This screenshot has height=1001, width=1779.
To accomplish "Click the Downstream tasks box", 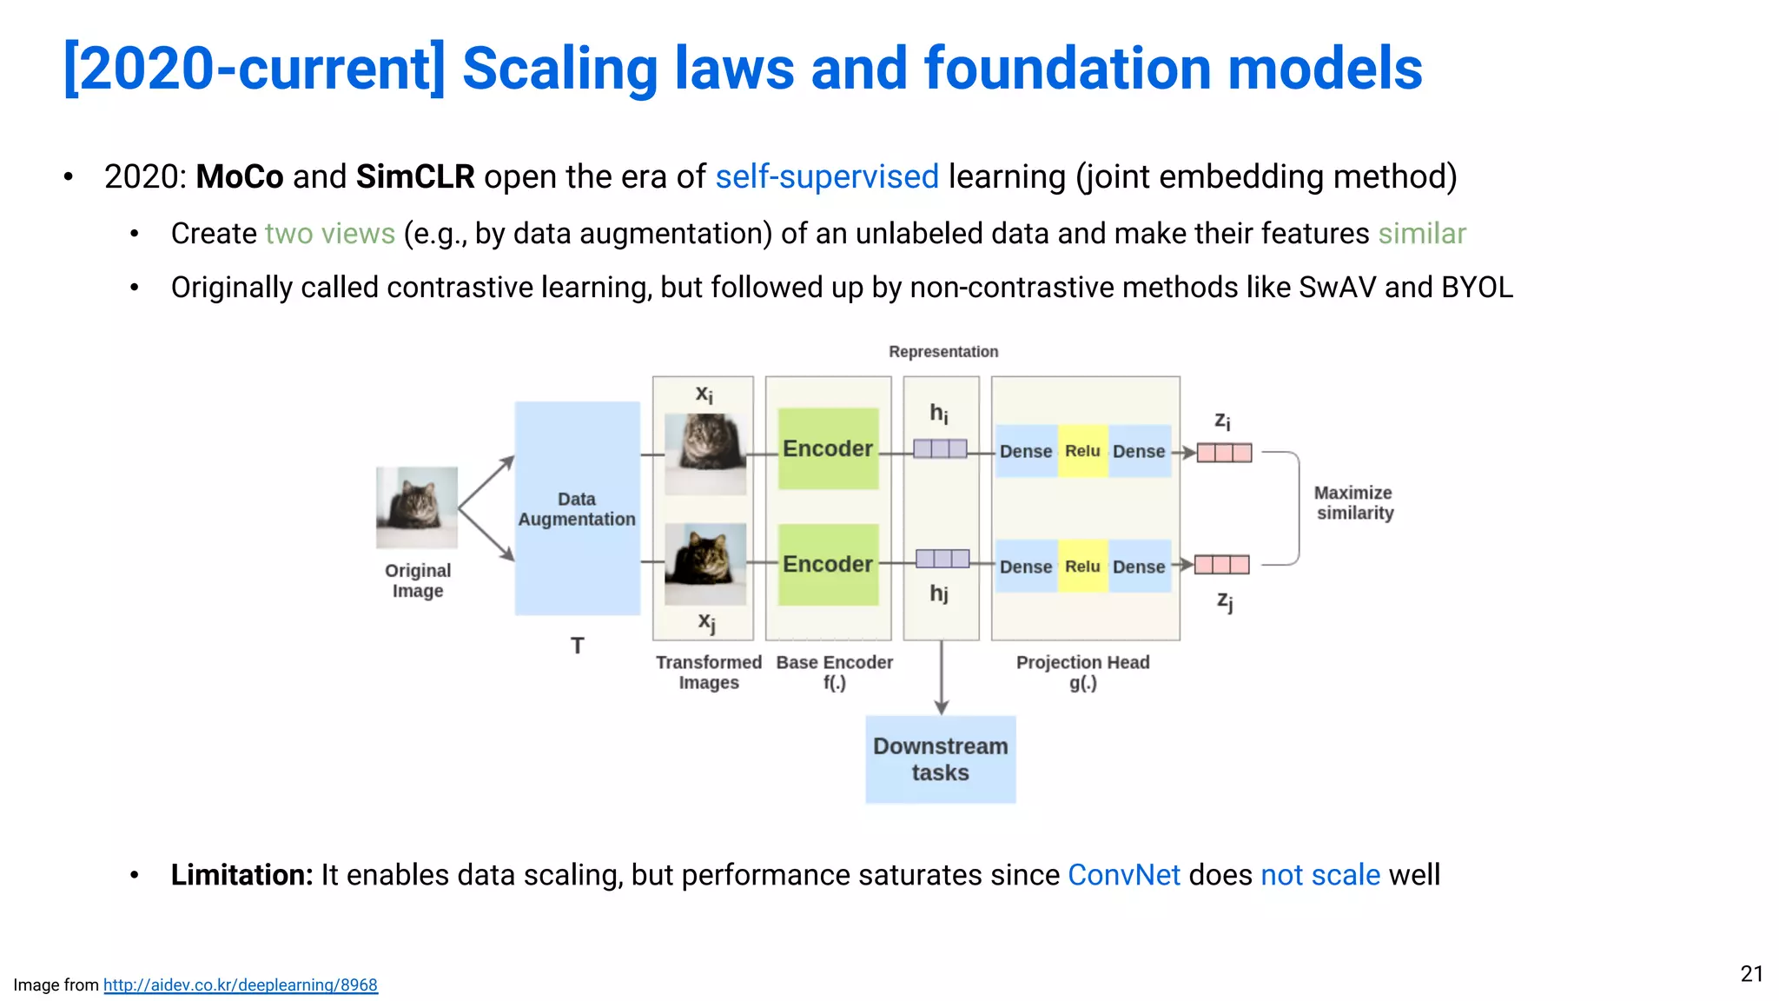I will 940,759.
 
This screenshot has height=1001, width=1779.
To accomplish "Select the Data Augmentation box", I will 577,508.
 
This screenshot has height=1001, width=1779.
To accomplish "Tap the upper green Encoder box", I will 828,448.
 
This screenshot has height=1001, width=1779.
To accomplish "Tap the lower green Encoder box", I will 828,564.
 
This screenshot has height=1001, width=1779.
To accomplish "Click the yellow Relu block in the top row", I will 1082,451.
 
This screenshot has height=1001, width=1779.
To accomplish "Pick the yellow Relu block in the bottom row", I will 1082,567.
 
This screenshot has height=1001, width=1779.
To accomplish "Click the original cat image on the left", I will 417,507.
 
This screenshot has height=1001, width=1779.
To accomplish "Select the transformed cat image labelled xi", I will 704,454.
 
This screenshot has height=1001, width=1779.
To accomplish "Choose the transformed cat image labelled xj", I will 704,564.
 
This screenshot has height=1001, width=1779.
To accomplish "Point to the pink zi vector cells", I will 1224,453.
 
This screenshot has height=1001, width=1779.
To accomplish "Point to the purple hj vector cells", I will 942,559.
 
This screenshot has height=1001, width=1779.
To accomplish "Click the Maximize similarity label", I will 1354,503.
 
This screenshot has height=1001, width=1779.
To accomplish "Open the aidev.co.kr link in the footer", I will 241,984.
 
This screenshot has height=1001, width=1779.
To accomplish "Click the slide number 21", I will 1751,973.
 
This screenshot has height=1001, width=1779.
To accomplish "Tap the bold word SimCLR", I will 415,176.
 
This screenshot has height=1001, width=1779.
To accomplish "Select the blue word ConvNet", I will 1123,874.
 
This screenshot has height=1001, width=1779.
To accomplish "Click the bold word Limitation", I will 241,874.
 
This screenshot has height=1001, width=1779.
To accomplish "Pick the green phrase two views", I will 330,234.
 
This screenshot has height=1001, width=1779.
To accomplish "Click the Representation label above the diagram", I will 943,352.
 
